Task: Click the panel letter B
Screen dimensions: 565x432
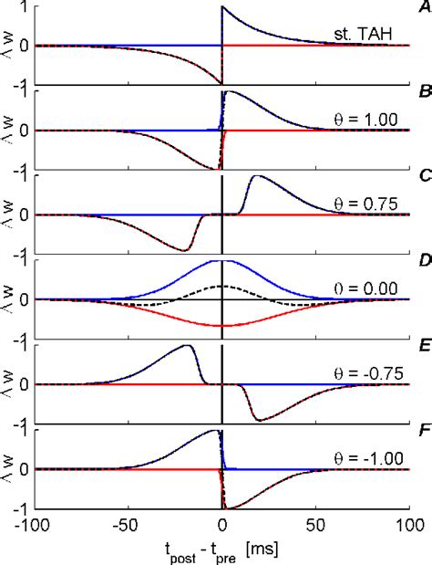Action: tap(422, 92)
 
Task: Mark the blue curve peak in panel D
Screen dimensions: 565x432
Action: tap(221, 261)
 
